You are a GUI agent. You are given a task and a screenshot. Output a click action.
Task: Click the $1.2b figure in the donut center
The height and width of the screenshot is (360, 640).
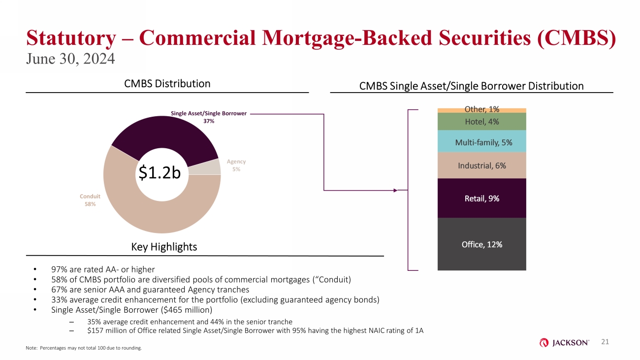point(160,173)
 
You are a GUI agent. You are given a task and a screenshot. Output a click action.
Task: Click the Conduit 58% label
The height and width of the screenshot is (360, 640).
point(90,200)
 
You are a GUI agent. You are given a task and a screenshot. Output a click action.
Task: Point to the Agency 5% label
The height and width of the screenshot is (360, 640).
point(236,165)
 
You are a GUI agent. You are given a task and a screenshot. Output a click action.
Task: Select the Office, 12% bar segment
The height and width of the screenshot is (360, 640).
point(481,244)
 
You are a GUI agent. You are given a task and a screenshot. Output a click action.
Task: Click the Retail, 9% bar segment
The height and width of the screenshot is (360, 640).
point(481,198)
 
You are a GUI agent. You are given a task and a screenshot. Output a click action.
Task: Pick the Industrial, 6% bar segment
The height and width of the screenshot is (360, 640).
point(481,165)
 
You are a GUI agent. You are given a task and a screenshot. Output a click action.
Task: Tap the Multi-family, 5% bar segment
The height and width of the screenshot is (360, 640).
point(481,141)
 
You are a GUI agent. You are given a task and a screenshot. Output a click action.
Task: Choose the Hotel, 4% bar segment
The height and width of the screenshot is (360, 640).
point(481,122)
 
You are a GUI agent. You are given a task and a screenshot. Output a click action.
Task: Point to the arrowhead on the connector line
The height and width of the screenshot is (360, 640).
point(395,190)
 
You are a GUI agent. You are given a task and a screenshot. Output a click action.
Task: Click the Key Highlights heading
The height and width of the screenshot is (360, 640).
point(164,247)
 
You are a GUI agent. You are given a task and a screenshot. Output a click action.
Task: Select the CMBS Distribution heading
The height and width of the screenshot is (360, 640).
point(167,84)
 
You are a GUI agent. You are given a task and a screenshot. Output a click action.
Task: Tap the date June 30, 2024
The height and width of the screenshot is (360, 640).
point(70,59)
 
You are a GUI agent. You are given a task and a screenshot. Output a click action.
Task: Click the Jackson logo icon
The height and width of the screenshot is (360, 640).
point(544,342)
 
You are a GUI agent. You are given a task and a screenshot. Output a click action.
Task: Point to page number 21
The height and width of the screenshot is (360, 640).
point(605,342)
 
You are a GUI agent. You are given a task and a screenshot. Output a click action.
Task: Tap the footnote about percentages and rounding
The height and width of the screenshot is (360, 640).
point(84,348)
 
